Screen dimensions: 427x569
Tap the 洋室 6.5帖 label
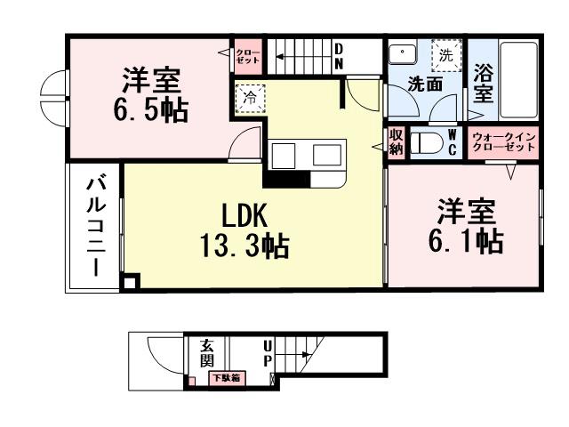150,95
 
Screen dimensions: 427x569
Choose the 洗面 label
425,85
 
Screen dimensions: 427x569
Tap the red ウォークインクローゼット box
504,142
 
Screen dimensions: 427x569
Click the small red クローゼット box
247,59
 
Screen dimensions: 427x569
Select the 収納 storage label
397,142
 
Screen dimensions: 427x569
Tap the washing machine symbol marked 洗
445,55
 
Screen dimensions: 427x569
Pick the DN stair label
339,57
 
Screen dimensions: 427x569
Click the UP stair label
267,354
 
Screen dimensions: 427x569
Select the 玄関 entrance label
205,353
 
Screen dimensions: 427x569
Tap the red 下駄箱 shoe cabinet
226,378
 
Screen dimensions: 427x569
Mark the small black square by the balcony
131,284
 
